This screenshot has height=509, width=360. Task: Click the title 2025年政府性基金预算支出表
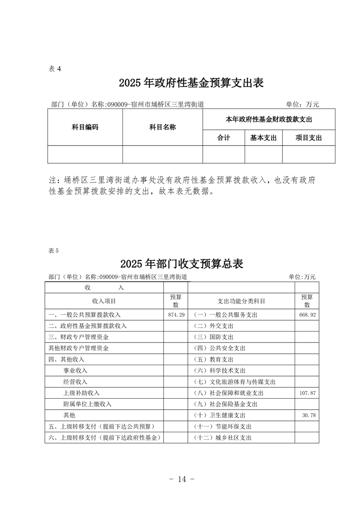click(x=191, y=83)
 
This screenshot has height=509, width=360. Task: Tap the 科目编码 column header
click(x=85, y=127)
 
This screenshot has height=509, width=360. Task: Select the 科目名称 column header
click(x=163, y=127)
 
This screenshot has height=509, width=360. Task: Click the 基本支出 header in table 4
click(x=263, y=138)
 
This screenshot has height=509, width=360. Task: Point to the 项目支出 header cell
click(x=309, y=138)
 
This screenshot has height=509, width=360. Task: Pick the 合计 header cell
click(x=224, y=138)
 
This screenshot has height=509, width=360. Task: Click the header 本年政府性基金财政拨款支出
click(x=269, y=119)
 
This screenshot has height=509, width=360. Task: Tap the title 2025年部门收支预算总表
click(x=182, y=264)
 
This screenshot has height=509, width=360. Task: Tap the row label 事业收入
click(x=75, y=371)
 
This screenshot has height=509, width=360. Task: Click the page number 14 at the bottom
click(x=180, y=479)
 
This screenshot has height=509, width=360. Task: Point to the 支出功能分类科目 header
click(x=242, y=301)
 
